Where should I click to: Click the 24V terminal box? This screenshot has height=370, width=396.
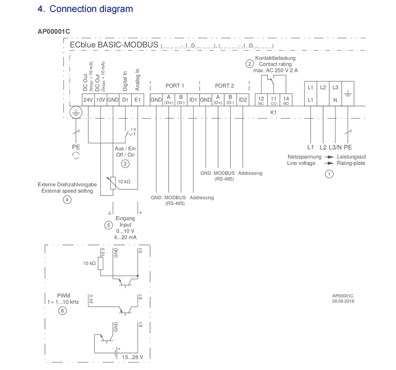[x=88, y=100]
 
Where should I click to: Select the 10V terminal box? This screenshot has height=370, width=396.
[x=100, y=100]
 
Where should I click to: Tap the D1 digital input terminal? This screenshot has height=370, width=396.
[x=125, y=100]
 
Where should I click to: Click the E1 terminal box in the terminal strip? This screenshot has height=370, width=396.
[x=137, y=100]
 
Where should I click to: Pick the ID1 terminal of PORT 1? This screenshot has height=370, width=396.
[x=193, y=100]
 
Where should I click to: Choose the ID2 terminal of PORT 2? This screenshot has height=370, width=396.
[x=243, y=100]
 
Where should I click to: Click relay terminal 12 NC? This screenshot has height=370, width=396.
[x=261, y=100]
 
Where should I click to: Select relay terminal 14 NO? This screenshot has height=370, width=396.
[x=286, y=100]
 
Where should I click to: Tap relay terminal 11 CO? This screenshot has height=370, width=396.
[x=274, y=100]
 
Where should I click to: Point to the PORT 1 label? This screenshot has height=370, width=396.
[x=175, y=85]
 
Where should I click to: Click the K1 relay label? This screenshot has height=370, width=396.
[x=273, y=112]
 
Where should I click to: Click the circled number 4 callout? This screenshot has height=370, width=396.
[x=67, y=200]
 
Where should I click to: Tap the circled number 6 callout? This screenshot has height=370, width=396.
[x=62, y=311]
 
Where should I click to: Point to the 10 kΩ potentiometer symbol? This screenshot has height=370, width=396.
[x=114, y=182]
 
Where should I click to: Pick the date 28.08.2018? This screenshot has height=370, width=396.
[x=343, y=301]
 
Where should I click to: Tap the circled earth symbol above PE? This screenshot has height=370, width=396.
[x=75, y=112]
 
